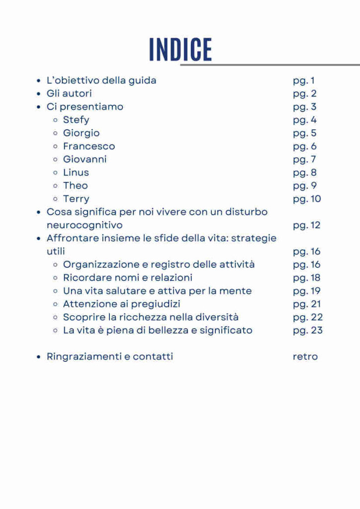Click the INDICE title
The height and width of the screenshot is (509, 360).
180,49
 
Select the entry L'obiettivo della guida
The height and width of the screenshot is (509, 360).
101,80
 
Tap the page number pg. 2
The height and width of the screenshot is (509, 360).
305,93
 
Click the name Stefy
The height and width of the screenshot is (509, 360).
76,120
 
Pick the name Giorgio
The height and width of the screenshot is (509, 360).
81,133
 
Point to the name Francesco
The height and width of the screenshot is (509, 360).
89,146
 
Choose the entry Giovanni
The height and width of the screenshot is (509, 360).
85,159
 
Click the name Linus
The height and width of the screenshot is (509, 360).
76,172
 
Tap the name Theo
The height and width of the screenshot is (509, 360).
75,185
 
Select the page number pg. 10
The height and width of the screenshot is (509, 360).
307,199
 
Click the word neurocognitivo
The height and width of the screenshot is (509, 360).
85,225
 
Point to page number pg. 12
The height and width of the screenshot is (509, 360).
307,225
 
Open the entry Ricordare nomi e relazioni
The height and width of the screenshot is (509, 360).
127,277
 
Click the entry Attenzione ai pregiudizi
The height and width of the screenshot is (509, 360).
121,304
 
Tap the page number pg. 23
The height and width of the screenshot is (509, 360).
308,330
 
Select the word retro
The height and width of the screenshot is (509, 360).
305,356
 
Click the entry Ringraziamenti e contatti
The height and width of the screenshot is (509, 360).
110,356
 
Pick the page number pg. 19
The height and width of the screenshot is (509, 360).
307,291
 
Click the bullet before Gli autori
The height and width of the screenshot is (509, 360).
38,93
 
